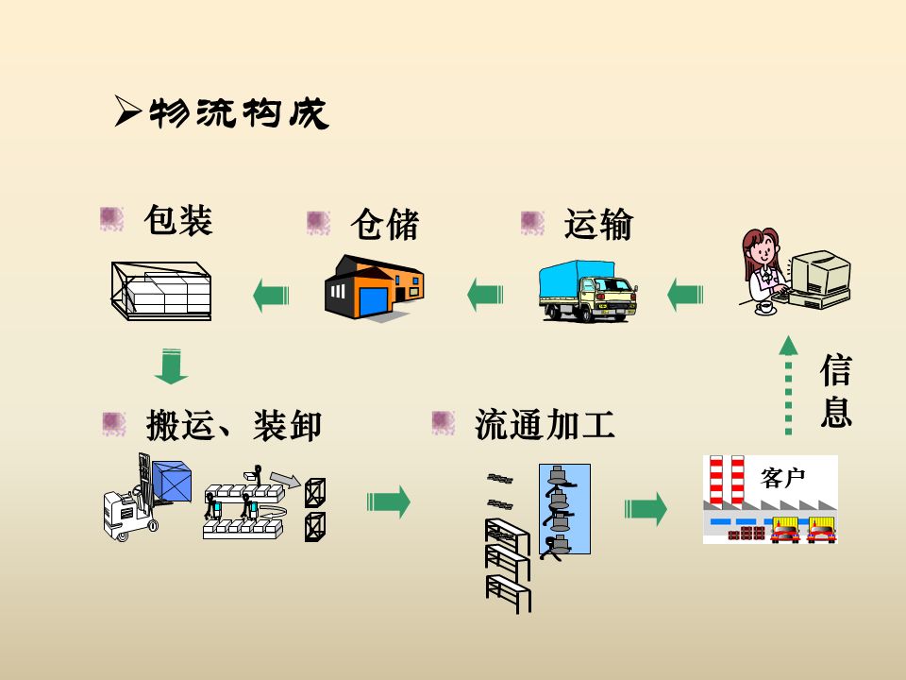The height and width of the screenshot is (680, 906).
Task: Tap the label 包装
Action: tap(177, 220)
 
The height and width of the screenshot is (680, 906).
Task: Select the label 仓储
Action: tap(384, 225)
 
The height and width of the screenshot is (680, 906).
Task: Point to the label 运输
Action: tap(598, 225)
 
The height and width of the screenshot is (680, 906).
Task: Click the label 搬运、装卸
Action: tap(234, 426)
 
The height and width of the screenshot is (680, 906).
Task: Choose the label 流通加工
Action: tap(545, 425)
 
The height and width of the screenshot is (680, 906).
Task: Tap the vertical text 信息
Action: tap(835, 391)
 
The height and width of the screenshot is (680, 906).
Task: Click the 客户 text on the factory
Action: tap(782, 478)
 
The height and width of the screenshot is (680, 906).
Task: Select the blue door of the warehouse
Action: tap(372, 303)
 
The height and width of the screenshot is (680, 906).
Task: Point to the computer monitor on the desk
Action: tap(815, 274)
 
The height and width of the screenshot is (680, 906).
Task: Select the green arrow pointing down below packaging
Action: tap(171, 367)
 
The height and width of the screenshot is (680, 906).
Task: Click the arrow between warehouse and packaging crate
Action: tap(271, 296)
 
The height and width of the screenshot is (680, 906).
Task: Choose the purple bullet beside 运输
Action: tap(533, 223)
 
